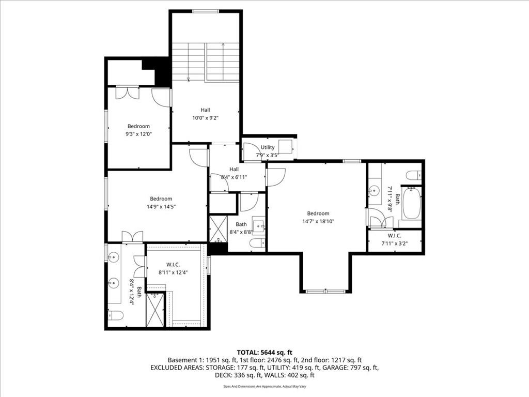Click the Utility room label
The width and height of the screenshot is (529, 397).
[x=268, y=147]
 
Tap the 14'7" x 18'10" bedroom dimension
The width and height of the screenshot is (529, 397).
[x=318, y=221]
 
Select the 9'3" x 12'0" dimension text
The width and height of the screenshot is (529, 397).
[x=138, y=134]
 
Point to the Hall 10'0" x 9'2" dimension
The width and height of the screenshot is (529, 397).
[x=205, y=118]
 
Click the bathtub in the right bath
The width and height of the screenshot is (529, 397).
[x=412, y=203]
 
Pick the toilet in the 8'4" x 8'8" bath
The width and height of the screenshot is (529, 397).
[x=258, y=243]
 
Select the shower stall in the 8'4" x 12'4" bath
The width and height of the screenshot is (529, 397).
[x=155, y=310]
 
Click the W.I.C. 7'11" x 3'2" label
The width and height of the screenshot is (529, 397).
[x=394, y=240]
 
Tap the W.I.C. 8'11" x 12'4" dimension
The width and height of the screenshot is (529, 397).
[x=173, y=272]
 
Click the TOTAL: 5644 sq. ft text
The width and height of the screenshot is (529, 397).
[x=264, y=353]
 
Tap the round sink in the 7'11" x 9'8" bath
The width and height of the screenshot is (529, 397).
[x=374, y=191]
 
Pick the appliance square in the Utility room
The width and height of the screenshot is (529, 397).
[x=285, y=146]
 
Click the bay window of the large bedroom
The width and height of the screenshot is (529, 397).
[x=325, y=291]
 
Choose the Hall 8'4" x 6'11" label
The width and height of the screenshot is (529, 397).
[x=234, y=173]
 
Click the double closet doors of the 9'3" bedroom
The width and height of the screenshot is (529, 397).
[x=127, y=93]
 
